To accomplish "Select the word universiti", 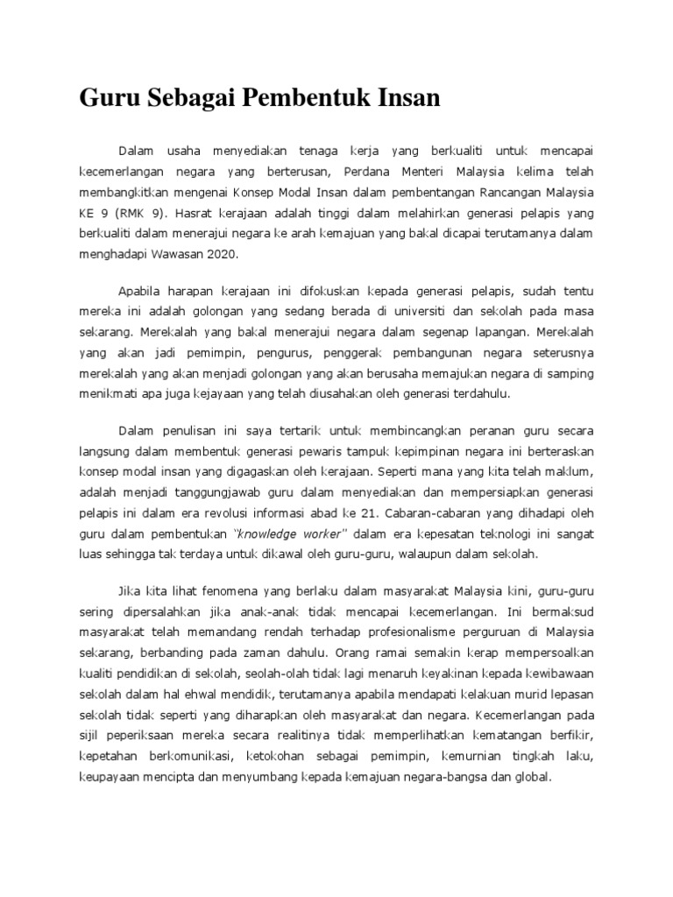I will click(414, 312).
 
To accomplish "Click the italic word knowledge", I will click(279, 533).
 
